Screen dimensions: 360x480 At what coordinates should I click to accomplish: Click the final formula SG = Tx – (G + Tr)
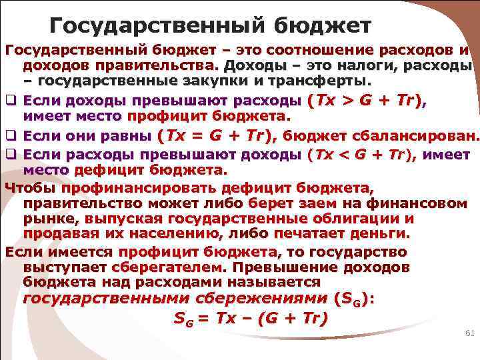coord(251,319)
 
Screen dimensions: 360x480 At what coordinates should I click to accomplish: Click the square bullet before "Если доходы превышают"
coord(10,101)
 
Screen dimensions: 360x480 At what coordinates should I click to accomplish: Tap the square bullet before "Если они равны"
coord(10,137)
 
